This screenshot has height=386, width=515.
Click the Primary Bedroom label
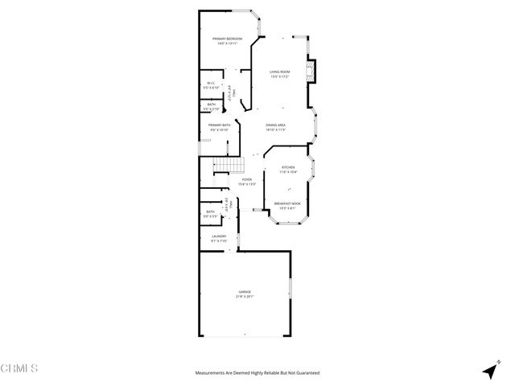pyautogui.click(x=228, y=39)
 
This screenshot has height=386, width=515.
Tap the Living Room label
pyautogui.click(x=279, y=72)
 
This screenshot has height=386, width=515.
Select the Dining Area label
pyautogui.click(x=276, y=125)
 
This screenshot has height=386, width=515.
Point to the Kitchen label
pyautogui.click(x=287, y=167)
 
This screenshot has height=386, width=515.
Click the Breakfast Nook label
pyautogui.click(x=287, y=203)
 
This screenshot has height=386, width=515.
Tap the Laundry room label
pyautogui.click(x=218, y=236)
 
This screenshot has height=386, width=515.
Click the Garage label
pyautogui.click(x=244, y=291)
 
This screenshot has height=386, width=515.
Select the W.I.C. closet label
pyautogui.click(x=210, y=83)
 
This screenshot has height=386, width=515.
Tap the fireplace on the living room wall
pyautogui.click(x=315, y=72)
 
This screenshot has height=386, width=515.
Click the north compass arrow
pyautogui.click(x=488, y=371)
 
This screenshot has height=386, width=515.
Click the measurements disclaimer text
pyautogui.click(x=257, y=373)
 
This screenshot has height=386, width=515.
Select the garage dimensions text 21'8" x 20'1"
pyautogui.click(x=244, y=297)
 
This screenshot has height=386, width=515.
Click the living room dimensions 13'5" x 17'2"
pyautogui.click(x=279, y=77)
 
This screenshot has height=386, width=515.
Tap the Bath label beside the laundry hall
pyautogui.click(x=210, y=212)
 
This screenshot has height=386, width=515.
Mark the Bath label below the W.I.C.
pyautogui.click(x=211, y=104)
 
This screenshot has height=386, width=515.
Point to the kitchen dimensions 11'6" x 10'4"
pyautogui.click(x=287, y=172)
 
